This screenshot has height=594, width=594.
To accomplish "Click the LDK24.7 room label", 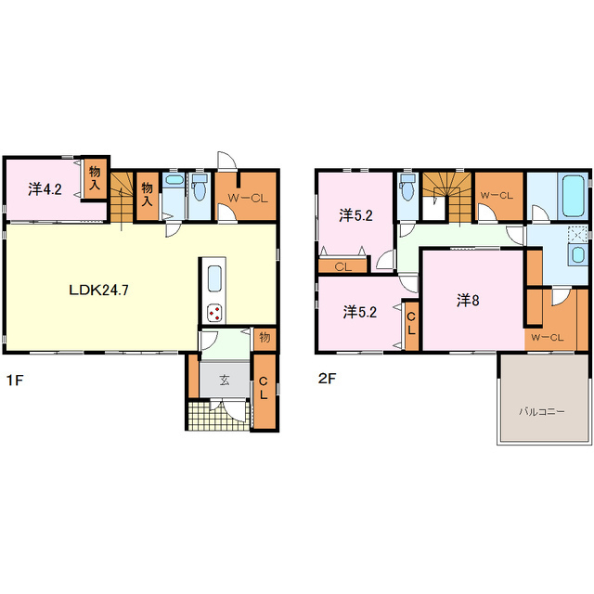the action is coord(99,291).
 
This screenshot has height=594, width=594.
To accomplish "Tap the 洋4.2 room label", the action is coord(45,189).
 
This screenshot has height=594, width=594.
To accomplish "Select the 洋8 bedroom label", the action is coord(468,301).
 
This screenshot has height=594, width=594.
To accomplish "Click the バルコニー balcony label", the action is coord(542,411).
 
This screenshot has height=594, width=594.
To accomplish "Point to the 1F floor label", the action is coord(15,380).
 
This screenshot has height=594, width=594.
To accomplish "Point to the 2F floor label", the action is coord(328,379).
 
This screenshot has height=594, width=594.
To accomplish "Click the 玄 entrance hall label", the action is coord(225,380).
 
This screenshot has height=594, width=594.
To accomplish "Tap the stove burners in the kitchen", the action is coord(214,313).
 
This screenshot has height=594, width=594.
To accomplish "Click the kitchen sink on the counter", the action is coord(214,278).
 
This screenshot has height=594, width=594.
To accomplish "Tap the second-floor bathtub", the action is coord(573,196).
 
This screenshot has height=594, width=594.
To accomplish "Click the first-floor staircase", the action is coord(122,197).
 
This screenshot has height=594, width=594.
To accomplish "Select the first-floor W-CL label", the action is coord(248,198).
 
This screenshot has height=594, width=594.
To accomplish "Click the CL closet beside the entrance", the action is coord(264,391).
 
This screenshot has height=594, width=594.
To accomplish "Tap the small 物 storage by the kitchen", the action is coord(265,337).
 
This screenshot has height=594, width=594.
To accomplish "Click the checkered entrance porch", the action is coord(219,416).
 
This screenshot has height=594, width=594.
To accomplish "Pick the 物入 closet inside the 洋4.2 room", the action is coord(95,178).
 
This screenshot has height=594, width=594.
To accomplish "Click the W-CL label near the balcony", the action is coord(548,337).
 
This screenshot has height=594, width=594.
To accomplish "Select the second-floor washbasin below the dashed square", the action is coord(577,253).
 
